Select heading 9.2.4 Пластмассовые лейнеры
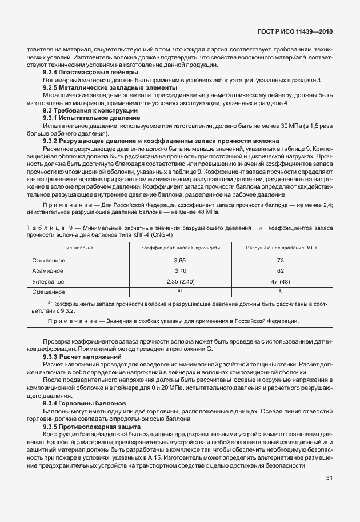[x=90, y=73]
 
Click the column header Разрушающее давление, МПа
[x=281, y=248]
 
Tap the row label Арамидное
[x=48, y=270]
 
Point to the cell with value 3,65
[x=180, y=260]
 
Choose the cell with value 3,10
[x=180, y=270]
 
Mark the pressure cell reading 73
[x=281, y=260]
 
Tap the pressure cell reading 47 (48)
[x=281, y=281]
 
